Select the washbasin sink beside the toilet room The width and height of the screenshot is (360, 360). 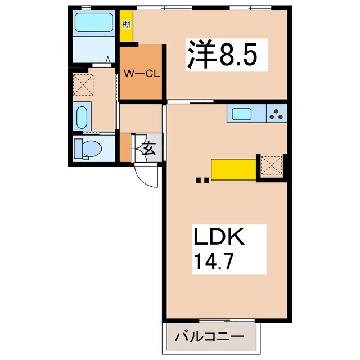82,118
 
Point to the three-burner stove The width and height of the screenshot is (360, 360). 277,114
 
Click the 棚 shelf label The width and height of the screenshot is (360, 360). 127,25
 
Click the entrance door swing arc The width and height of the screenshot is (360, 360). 148,176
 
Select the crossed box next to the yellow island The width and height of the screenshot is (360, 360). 269,166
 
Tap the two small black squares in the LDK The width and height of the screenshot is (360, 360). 202,181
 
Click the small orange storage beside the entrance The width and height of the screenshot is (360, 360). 124,147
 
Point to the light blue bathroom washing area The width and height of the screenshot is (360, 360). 94,50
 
